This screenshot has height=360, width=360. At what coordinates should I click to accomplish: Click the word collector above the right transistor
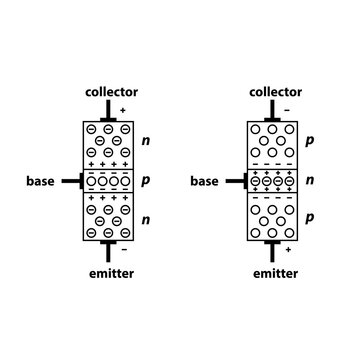point(275,92)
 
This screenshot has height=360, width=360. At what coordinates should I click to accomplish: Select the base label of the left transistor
point(42,182)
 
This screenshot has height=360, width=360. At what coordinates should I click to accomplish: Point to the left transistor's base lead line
point(69,182)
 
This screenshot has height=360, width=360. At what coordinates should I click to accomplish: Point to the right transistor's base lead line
point(236,182)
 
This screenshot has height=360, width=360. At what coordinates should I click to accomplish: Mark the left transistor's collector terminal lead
point(107,112)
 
